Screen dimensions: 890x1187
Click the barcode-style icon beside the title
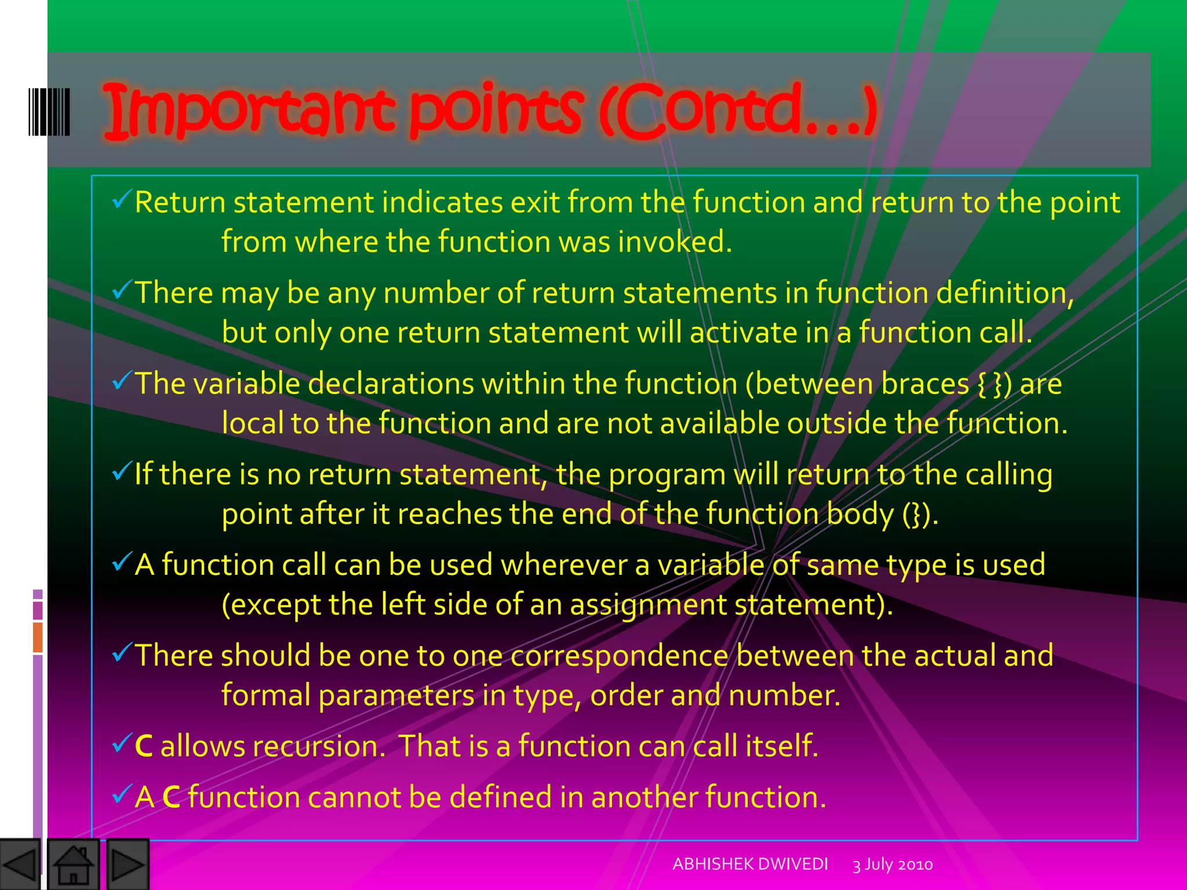click(x=49, y=112)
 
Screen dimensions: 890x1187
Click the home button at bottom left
click(x=73, y=865)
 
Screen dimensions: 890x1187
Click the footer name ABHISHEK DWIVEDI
click(x=750, y=864)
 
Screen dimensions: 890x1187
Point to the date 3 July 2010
click(x=893, y=865)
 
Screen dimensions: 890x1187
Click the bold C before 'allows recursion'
click(x=144, y=746)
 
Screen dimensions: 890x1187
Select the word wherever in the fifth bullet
click(x=563, y=565)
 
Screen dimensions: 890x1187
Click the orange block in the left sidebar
click(x=38, y=637)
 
